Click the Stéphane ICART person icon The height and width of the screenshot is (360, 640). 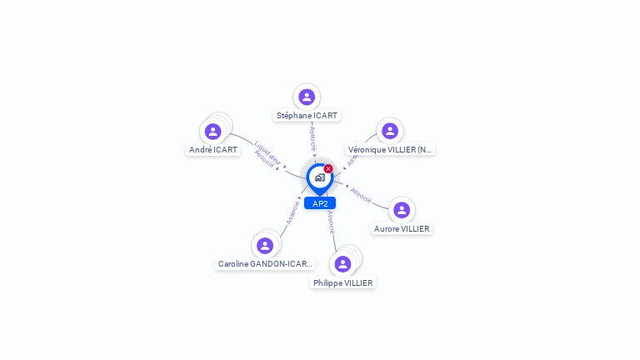click(x=307, y=97)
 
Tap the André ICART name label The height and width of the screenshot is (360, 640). click(x=213, y=150)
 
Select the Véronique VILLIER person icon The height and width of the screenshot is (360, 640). click(x=389, y=131)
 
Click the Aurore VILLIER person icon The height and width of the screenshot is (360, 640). click(x=402, y=210)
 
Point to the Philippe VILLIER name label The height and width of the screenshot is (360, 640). click(x=343, y=283)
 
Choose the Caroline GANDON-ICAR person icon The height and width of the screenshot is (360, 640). click(x=265, y=245)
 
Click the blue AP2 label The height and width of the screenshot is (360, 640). click(x=320, y=203)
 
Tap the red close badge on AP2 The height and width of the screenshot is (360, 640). click(x=328, y=168)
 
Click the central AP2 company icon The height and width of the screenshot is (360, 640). click(x=319, y=177)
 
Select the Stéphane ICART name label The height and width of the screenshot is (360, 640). click(x=307, y=116)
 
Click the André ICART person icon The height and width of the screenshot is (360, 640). click(x=212, y=131)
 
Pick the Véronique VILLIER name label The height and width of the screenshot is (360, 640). click(x=390, y=150)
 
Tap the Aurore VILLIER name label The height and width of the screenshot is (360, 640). click(x=402, y=228)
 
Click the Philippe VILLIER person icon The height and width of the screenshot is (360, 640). click(x=342, y=264)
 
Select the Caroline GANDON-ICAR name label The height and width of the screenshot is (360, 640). click(x=265, y=264)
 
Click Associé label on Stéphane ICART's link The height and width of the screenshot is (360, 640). click(x=312, y=138)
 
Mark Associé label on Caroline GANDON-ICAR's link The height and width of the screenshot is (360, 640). click(x=292, y=212)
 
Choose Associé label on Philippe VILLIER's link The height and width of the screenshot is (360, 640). click(x=331, y=220)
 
